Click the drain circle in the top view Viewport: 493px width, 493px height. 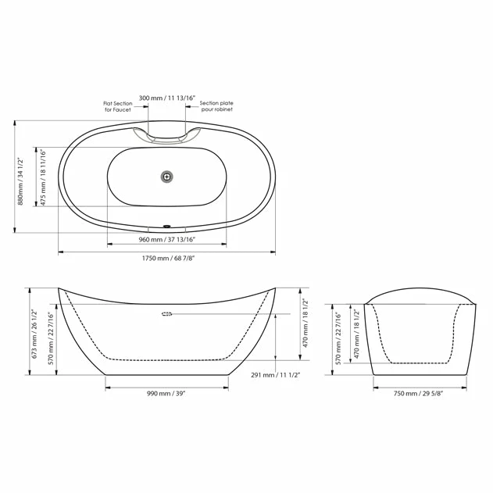[166, 177]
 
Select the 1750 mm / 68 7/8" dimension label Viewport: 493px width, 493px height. [167, 259]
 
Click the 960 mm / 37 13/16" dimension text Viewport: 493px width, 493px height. [167, 240]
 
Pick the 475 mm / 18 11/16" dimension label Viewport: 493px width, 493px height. [44, 177]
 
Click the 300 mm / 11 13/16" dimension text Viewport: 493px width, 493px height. [167, 98]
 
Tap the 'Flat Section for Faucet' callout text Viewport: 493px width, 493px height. [118, 106]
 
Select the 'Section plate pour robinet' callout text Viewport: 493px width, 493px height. [216, 106]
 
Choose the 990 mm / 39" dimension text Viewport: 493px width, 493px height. [166, 394]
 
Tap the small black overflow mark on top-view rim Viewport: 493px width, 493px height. [166, 227]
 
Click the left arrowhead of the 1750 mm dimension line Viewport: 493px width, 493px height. [61, 252]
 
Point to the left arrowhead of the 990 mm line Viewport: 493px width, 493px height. [107, 387]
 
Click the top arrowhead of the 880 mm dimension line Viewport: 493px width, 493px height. [15, 122]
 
